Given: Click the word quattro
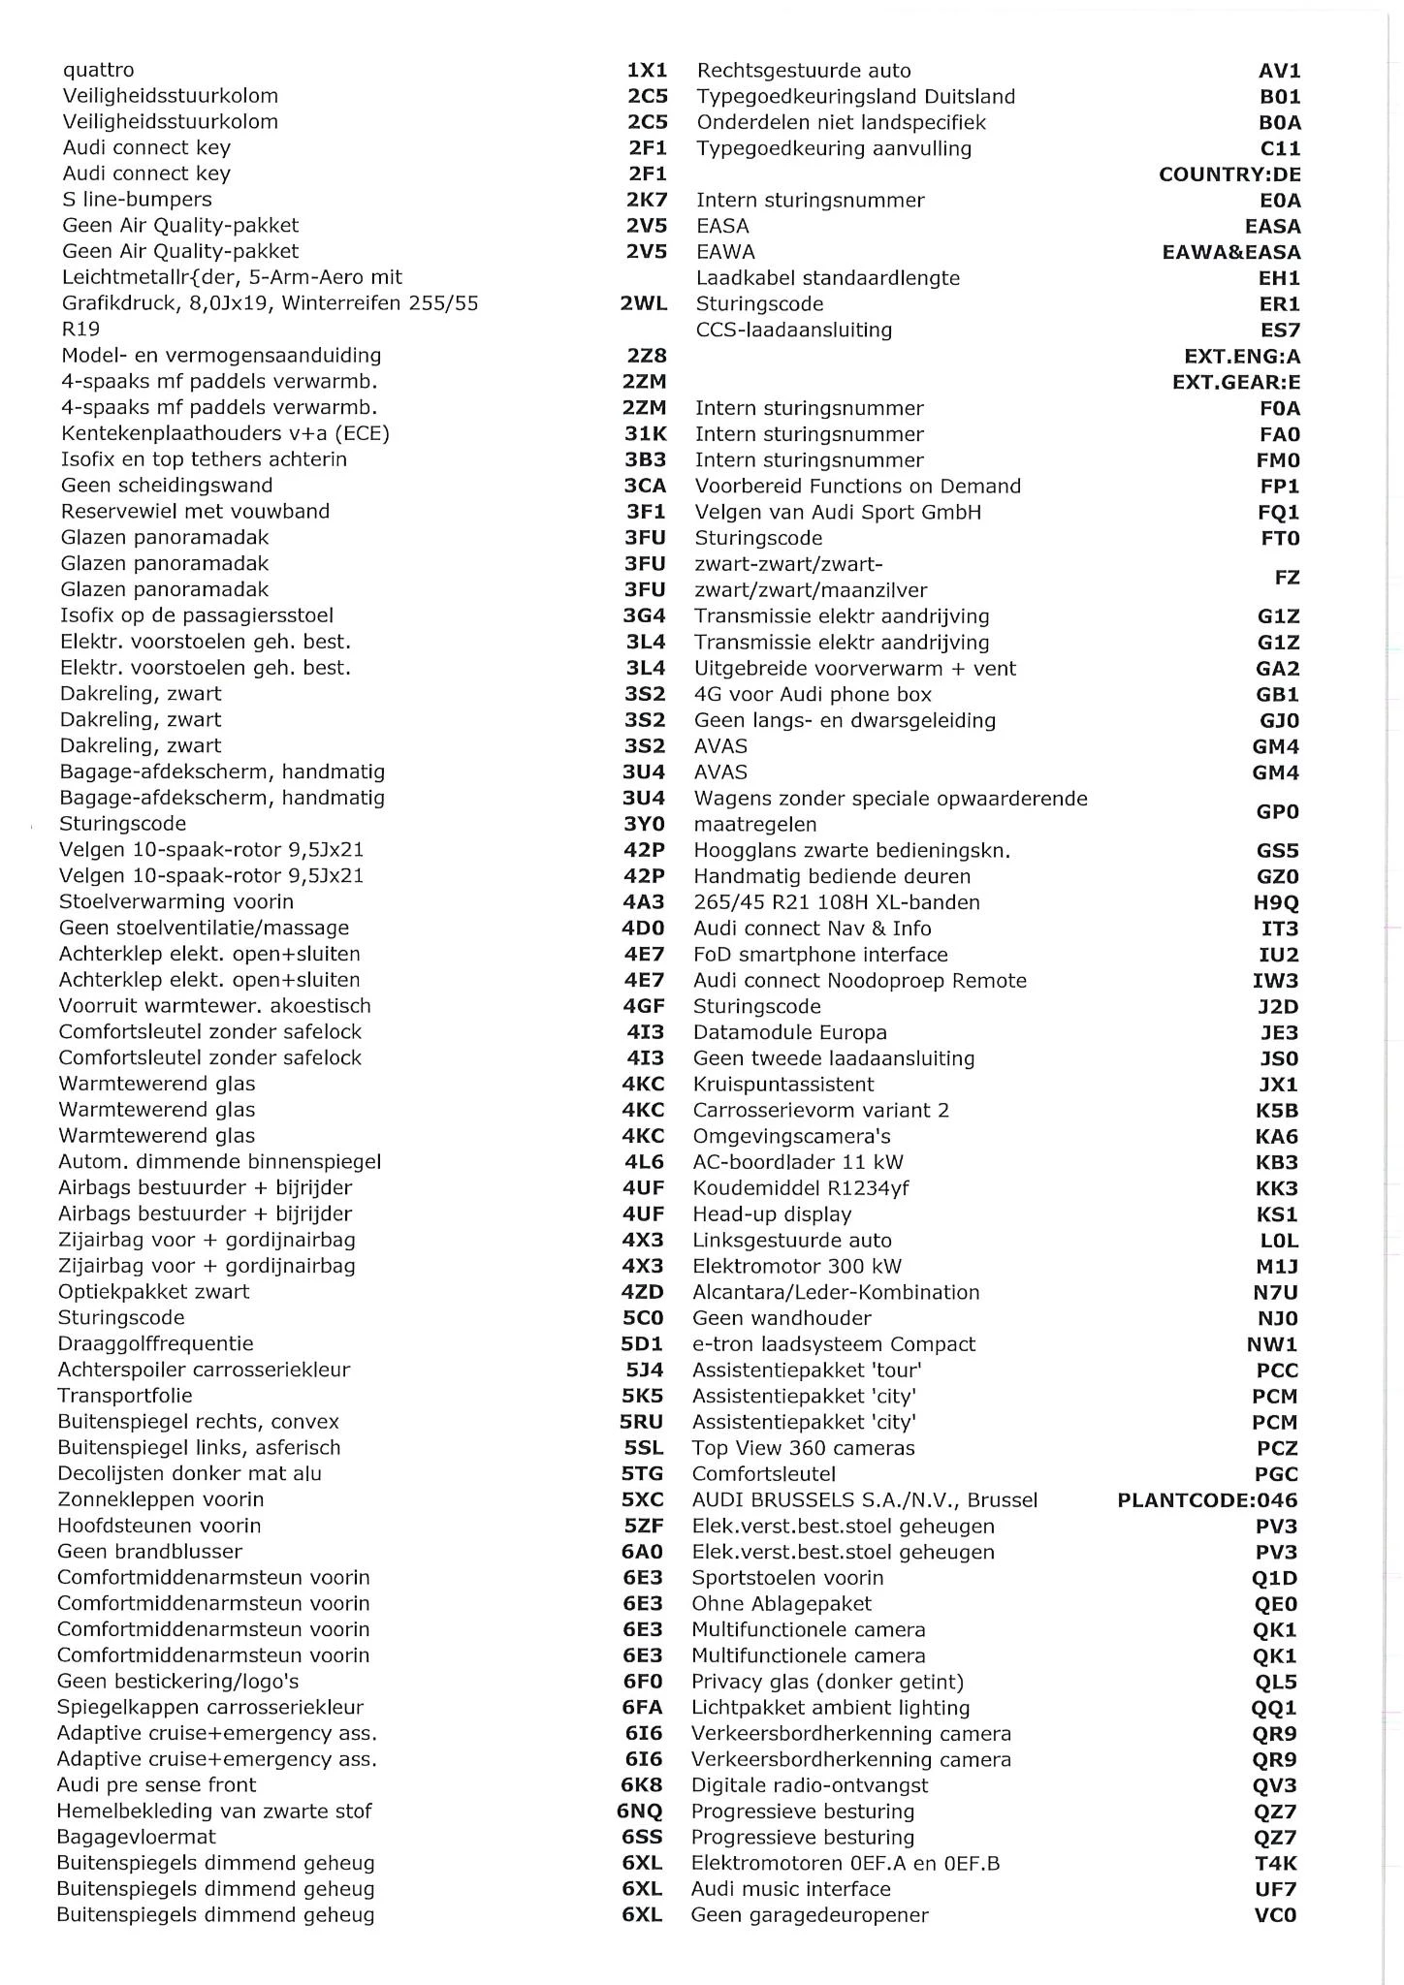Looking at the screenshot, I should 99,70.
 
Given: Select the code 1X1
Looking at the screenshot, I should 647,70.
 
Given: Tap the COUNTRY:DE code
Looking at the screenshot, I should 1229,174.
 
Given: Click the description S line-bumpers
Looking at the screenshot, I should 137,200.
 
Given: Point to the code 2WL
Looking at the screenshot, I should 644,303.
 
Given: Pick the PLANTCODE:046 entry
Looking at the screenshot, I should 1207,1500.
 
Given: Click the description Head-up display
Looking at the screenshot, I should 772,1214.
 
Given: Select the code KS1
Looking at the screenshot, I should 1276,1214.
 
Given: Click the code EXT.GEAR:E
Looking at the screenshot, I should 1236,382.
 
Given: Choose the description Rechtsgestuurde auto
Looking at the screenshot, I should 804,71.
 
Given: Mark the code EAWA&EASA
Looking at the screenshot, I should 1231,252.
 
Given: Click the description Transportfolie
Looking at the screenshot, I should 125,1396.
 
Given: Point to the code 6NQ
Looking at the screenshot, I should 640,1811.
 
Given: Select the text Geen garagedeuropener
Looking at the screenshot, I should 810,1914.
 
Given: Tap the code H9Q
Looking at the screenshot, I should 1276,902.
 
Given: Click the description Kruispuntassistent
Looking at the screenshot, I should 783,1085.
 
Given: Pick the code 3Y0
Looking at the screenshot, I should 644,824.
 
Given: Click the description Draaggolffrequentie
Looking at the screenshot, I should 155,1343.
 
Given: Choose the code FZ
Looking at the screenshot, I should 1287,578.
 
